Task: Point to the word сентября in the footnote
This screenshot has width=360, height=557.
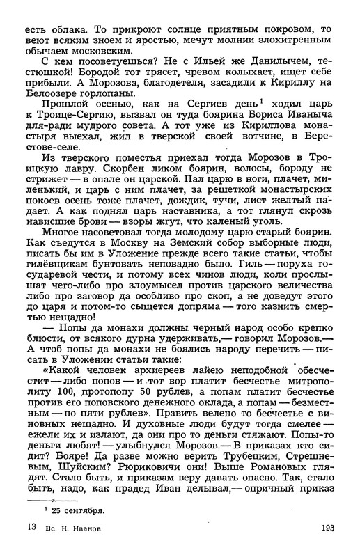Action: point(81,510)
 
